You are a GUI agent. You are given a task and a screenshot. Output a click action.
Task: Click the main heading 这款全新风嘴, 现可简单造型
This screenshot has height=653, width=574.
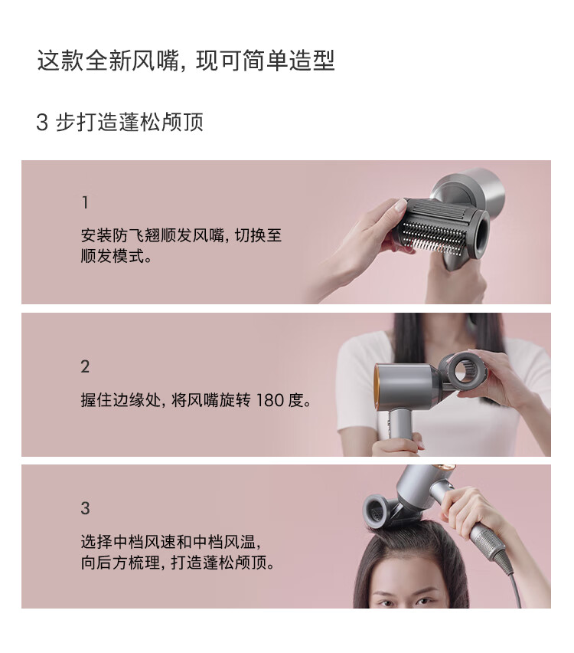186,61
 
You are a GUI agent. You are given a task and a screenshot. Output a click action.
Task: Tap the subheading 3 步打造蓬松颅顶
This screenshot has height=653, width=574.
120,122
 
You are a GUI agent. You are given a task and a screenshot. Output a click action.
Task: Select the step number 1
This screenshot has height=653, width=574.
85,203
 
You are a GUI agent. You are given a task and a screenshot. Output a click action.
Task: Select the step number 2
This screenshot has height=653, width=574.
85,367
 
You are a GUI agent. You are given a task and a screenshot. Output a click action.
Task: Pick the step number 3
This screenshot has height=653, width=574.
85,508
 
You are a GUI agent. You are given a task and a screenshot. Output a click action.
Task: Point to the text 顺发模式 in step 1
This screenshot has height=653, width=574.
113,256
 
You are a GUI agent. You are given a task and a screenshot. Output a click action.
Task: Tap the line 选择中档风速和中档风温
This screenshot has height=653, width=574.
171,542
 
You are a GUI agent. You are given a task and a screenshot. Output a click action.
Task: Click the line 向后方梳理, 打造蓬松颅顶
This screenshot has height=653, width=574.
178,563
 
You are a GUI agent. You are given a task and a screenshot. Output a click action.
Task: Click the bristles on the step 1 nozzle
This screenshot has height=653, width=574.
432,238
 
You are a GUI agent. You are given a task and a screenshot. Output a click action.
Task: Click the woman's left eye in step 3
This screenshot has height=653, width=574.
425,602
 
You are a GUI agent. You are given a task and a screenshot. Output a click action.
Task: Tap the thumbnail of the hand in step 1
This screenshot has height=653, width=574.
400,205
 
